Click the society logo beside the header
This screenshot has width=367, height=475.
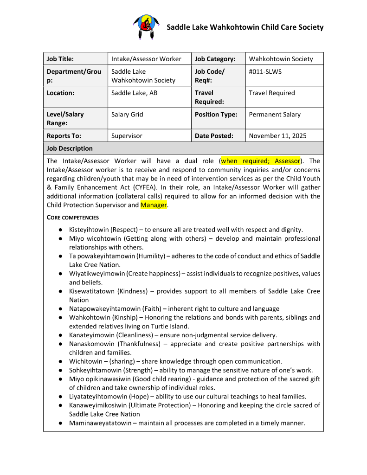tap(146, 27)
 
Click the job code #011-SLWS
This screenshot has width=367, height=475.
tap(265, 71)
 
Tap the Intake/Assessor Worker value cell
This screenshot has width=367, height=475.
tap(146, 59)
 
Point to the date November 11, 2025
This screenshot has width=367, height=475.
tap(277, 136)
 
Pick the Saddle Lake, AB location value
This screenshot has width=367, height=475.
tap(134, 93)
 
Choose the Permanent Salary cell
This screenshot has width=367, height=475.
tap(275, 114)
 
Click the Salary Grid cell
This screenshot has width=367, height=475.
tap(127, 114)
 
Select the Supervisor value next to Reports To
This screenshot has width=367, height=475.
tap(127, 136)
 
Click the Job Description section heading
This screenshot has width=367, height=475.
tap(70, 148)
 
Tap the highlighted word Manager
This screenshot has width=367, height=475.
tap(154, 205)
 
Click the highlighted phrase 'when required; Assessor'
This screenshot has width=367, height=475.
tap(261, 161)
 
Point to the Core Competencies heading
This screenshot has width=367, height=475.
tap(72, 217)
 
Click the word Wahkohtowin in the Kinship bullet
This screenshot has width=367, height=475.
tap(90, 318)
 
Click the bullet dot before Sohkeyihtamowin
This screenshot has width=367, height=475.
tap(61, 370)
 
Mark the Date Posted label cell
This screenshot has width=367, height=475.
tap(214, 136)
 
